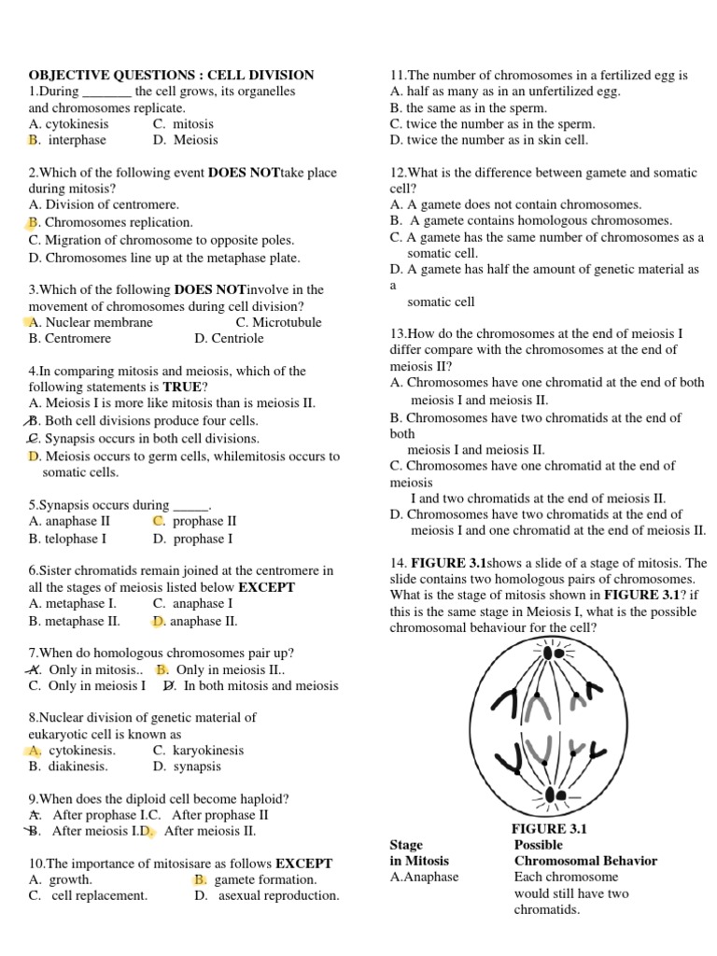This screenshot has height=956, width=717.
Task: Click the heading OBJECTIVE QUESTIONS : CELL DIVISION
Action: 171,75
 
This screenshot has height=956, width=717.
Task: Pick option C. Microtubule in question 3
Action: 278,322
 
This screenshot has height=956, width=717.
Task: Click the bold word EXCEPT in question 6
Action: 267,587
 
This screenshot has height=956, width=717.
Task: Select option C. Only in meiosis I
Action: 87,685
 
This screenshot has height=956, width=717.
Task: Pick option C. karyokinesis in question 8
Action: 198,750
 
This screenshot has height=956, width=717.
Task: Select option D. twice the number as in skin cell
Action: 489,140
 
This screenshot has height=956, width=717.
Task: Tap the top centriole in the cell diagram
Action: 559,654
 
